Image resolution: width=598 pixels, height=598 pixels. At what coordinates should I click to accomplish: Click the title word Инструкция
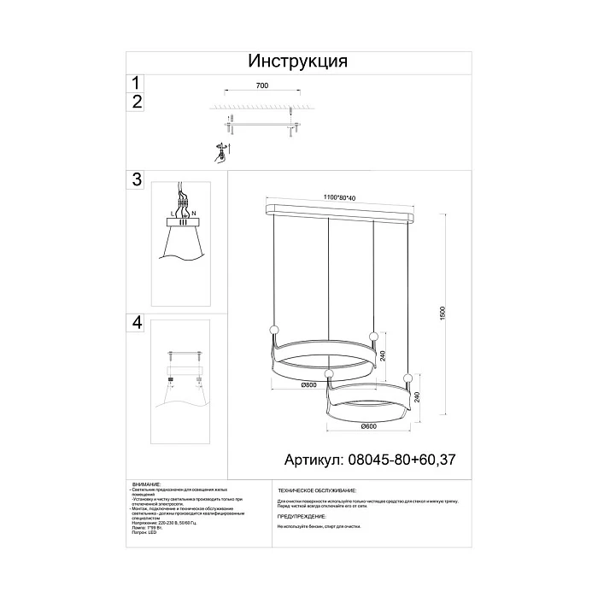[x=298, y=62]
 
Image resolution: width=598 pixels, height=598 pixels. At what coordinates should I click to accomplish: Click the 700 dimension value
[x=262, y=86]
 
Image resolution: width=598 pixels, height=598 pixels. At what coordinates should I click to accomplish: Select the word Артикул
[x=315, y=460]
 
